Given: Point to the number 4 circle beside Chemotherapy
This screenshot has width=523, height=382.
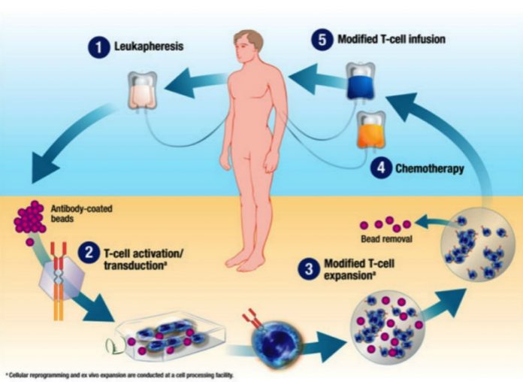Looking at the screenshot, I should tap(382, 168).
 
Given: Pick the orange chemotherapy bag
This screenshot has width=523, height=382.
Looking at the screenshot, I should tap(371, 133).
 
